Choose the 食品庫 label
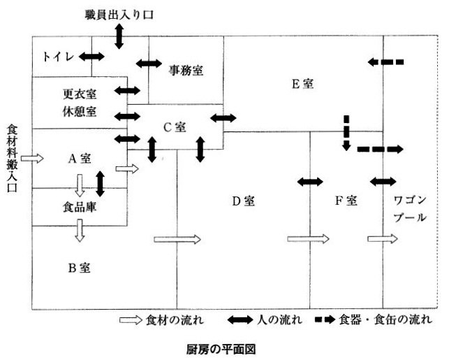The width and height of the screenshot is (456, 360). click(x=78, y=207)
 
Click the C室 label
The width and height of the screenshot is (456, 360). click(x=175, y=127)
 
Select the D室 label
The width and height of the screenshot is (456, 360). click(x=244, y=201)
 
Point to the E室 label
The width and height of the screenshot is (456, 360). click(x=302, y=84)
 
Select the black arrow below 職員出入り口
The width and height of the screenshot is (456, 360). click(x=119, y=35)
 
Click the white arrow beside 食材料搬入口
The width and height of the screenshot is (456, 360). click(x=32, y=159)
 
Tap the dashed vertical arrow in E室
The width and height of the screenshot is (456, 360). click(x=346, y=133)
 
